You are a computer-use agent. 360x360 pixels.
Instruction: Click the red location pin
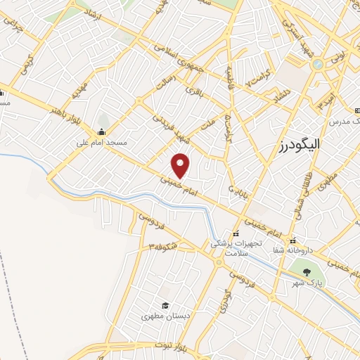[x=181, y=165]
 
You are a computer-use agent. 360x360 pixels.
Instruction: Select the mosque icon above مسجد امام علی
[x=102, y=131]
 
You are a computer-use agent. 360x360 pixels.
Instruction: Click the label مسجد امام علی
[x=102, y=143]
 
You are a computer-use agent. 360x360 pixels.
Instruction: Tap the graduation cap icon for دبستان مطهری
[x=165, y=305]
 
